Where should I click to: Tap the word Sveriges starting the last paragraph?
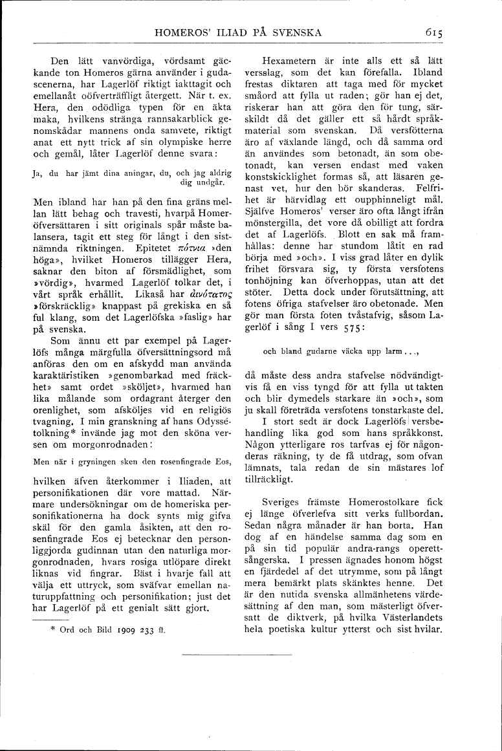(x=289, y=501)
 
